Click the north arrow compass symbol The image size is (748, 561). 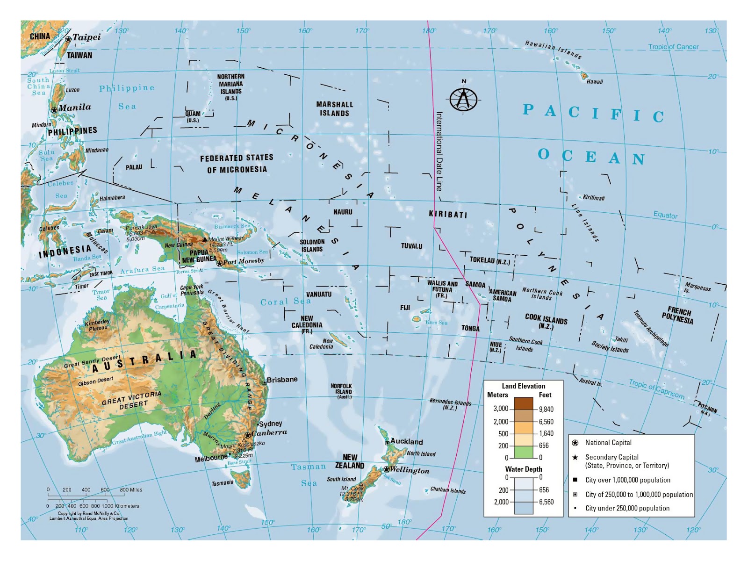point(464,99)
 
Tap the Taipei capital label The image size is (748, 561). point(86,37)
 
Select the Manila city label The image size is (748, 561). point(75,108)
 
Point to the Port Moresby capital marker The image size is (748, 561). point(219,264)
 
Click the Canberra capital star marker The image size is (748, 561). point(247,435)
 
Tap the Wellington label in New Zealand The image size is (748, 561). point(410,470)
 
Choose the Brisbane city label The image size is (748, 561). point(282,380)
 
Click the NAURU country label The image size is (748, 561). point(343,212)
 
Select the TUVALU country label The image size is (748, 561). point(411,246)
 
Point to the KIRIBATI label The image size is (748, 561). point(448,215)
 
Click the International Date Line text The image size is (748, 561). point(439,151)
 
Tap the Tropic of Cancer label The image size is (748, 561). point(673,47)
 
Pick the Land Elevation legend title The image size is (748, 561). point(523,386)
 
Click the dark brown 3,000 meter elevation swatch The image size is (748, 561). point(523,403)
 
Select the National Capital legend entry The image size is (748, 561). point(608,443)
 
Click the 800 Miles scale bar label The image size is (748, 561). point(131,490)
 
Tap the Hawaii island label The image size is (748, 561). point(595,82)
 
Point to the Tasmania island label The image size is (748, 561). point(222,483)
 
